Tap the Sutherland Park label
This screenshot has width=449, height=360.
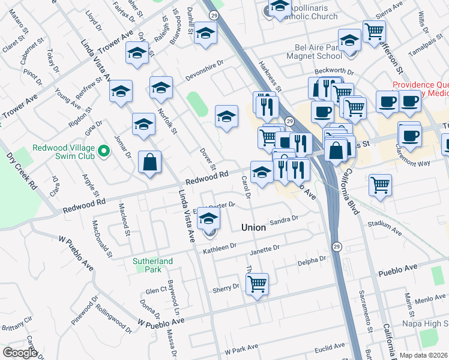[153, 265]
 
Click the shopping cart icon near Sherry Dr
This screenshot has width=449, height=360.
[257, 283]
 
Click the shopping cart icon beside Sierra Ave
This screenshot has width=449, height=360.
[374, 31]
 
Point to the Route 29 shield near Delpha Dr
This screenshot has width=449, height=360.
[337, 247]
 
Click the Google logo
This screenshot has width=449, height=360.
[20, 353]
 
